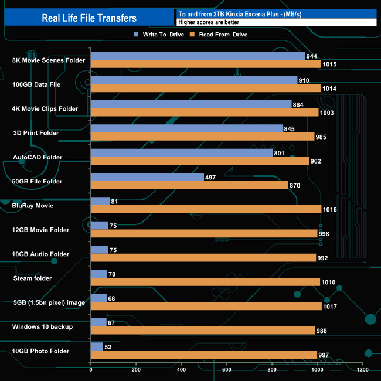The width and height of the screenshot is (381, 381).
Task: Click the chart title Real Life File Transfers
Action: (x=89, y=18)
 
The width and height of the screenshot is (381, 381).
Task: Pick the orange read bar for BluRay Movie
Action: (x=206, y=209)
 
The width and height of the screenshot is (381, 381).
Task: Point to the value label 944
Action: (x=312, y=56)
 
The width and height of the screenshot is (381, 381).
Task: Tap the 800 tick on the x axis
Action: (x=273, y=370)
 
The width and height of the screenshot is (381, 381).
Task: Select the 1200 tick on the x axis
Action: (x=363, y=370)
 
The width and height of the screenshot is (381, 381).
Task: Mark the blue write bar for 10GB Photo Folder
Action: (x=97, y=346)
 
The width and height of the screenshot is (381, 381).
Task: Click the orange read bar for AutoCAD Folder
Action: (x=200, y=161)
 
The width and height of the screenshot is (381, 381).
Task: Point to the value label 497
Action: (x=212, y=177)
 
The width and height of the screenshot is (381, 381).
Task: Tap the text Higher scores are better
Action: (x=209, y=22)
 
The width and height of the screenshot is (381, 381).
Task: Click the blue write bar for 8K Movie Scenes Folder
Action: (x=198, y=56)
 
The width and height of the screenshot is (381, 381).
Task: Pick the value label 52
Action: (x=109, y=347)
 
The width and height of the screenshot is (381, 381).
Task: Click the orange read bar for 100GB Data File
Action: (x=206, y=89)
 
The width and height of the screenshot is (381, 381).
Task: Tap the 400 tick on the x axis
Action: (x=182, y=370)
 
